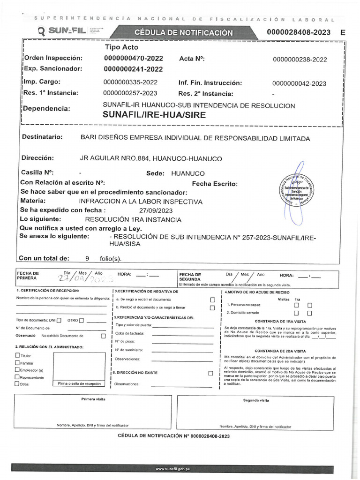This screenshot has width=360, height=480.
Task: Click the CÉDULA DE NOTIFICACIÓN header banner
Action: point(183,33)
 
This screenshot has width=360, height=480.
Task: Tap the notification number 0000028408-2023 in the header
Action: point(299,32)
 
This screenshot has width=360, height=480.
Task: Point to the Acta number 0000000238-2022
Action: point(300,60)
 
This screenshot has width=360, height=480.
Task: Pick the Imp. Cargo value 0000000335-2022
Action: point(130,82)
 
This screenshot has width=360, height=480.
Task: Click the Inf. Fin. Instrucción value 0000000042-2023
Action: point(299,83)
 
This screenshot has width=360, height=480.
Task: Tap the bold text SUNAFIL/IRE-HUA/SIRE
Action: point(154,115)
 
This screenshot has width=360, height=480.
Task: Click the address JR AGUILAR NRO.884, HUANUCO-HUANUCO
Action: point(151,158)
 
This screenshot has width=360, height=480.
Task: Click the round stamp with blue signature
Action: point(296,192)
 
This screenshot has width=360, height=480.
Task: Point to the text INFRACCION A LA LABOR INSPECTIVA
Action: point(141,202)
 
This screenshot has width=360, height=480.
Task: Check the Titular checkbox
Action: point(18,356)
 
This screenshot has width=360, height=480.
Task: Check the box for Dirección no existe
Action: point(210,373)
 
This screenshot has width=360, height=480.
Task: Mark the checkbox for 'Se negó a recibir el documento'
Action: point(212,300)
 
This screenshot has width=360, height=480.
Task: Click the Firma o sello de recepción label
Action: point(79,383)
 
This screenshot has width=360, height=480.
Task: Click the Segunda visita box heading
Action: point(256,400)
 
